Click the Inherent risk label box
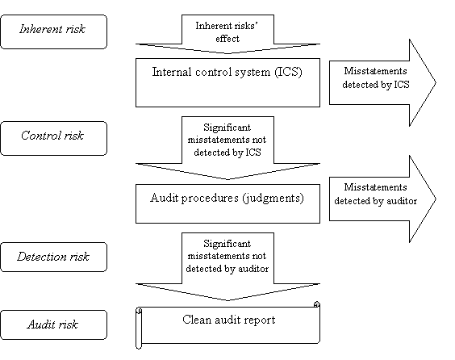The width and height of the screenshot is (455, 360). click(x=54, y=32)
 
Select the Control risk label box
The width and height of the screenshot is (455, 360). click(x=54, y=139)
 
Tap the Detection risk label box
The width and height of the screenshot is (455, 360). click(x=54, y=257)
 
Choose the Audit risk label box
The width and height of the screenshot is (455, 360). click(x=54, y=324)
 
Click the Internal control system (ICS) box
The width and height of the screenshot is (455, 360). click(x=227, y=83)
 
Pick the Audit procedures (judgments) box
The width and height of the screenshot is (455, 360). click(x=227, y=203)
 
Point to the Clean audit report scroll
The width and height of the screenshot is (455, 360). click(x=227, y=325)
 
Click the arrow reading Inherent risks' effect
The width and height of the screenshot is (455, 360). click(x=227, y=34)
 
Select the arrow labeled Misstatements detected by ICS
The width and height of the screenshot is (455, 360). click(x=382, y=83)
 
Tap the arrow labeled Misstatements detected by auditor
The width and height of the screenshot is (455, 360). click(x=382, y=199)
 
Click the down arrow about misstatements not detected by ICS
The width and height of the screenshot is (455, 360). click(x=227, y=148)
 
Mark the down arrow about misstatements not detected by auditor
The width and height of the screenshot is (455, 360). click(x=227, y=266)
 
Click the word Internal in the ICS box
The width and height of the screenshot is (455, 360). click(x=172, y=72)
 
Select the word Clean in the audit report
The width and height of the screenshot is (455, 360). click(x=197, y=320)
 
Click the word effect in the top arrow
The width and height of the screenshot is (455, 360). click(x=227, y=38)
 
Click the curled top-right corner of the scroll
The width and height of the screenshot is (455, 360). click(x=317, y=304)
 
